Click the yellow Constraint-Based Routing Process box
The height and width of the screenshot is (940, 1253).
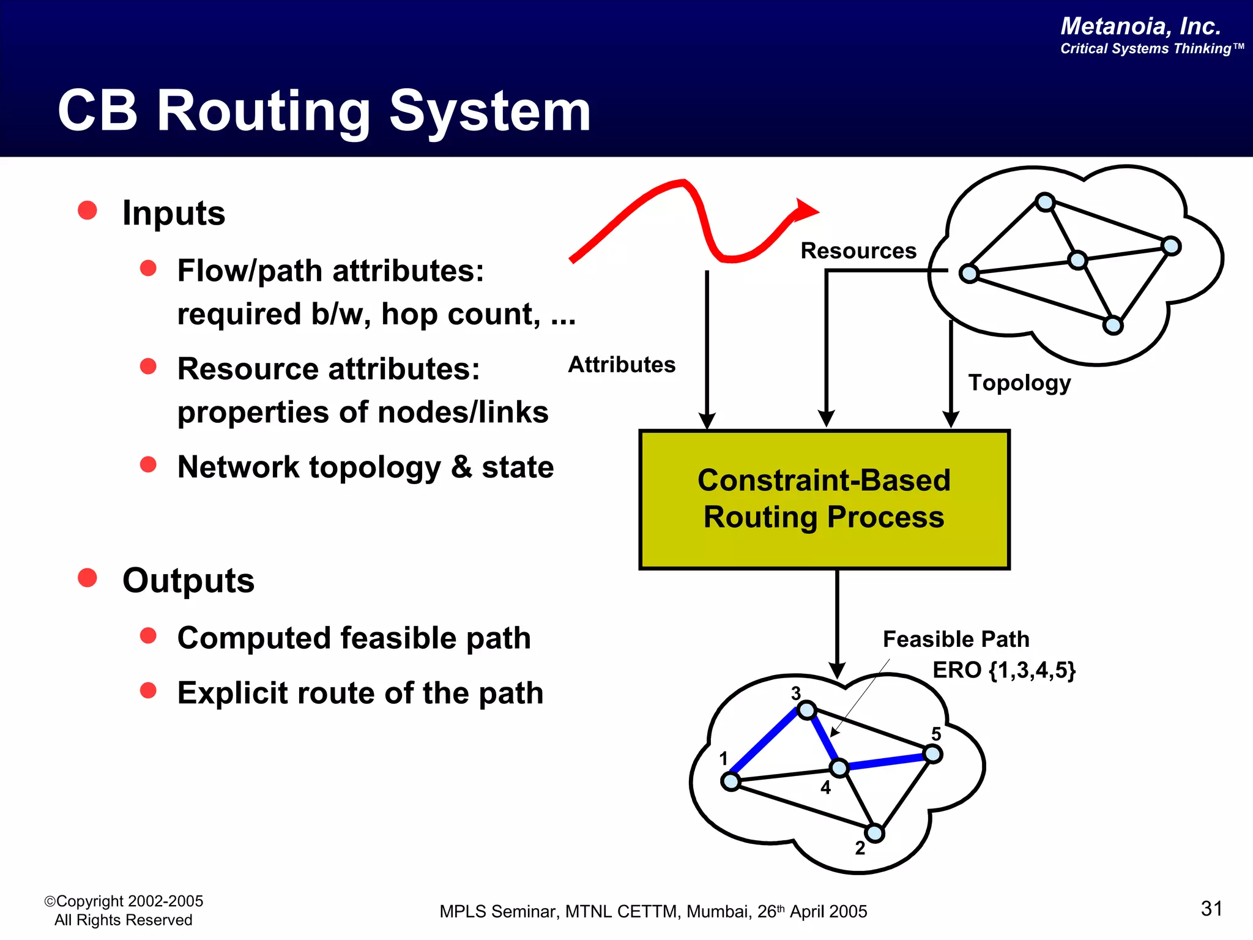[x=824, y=499]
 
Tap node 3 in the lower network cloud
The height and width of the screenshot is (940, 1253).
[x=807, y=710]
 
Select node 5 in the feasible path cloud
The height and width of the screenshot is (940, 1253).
[x=932, y=754]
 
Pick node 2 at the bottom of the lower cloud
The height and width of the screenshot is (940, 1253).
[x=874, y=833]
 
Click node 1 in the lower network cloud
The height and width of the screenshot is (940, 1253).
[x=731, y=781]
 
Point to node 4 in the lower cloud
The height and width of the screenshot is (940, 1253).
[x=839, y=768]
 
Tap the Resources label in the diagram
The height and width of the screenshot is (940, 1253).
[x=858, y=251]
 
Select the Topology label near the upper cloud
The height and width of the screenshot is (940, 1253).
[x=1019, y=382]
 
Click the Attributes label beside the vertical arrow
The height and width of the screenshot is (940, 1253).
[x=622, y=365]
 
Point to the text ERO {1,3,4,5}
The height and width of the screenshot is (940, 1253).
[x=1003, y=670]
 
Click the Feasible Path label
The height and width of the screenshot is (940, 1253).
[x=956, y=640]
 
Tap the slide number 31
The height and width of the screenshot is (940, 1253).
[x=1211, y=909]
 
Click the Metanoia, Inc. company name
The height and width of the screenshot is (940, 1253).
[x=1140, y=26]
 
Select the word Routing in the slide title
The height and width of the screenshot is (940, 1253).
[x=263, y=111]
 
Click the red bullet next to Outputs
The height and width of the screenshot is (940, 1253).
[x=87, y=578]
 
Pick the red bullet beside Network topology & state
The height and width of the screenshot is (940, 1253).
[x=148, y=464]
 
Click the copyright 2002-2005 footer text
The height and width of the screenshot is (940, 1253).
[x=124, y=901]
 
